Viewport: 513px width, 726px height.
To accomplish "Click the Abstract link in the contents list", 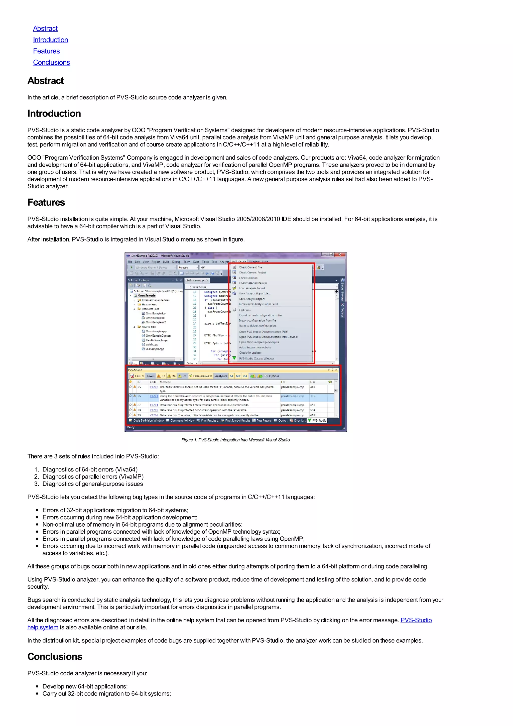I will [x=45, y=29].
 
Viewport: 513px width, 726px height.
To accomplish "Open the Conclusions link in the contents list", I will [x=52, y=62].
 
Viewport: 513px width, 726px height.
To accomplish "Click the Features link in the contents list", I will [x=46, y=51].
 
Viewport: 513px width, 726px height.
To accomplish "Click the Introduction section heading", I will [x=54, y=113].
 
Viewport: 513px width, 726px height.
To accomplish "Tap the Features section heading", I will [x=46, y=202].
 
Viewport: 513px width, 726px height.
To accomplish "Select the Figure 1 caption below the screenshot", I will [x=235, y=440].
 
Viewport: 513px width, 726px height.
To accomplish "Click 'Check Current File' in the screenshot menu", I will [x=250, y=267].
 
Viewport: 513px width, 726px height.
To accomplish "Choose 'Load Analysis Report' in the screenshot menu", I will [x=252, y=288].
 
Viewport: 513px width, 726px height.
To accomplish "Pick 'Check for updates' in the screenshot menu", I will [x=250, y=352].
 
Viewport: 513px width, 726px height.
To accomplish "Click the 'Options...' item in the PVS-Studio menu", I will [x=245, y=310].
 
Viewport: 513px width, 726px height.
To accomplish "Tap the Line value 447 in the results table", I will [x=313, y=387].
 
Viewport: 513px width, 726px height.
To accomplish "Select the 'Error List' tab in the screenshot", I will [x=299, y=421].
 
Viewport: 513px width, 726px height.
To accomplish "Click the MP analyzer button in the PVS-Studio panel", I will [x=238, y=376].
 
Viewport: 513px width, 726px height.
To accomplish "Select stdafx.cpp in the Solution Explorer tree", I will [x=152, y=345].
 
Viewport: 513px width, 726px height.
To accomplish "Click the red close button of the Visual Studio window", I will [x=340, y=255].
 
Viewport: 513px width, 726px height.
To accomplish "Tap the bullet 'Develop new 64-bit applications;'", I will [x=85, y=686].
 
